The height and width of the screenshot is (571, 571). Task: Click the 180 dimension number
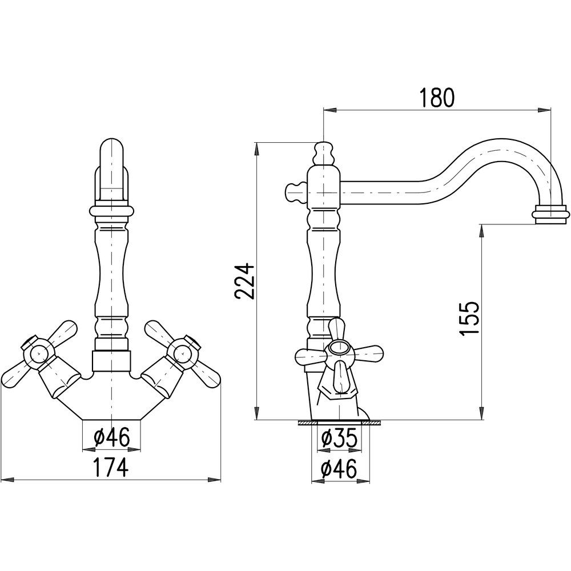point(437,97)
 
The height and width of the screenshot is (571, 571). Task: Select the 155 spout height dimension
point(468,319)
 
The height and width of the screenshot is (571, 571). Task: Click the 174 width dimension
point(111,467)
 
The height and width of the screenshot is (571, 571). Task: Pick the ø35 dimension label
point(339,439)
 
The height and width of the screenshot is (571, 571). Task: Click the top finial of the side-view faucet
point(323,152)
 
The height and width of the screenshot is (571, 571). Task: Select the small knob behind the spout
point(296,192)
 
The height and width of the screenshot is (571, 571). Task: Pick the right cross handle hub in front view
point(183,352)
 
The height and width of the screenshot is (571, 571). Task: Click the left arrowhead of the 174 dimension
point(8,480)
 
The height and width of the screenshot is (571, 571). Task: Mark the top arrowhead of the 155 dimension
point(481,231)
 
